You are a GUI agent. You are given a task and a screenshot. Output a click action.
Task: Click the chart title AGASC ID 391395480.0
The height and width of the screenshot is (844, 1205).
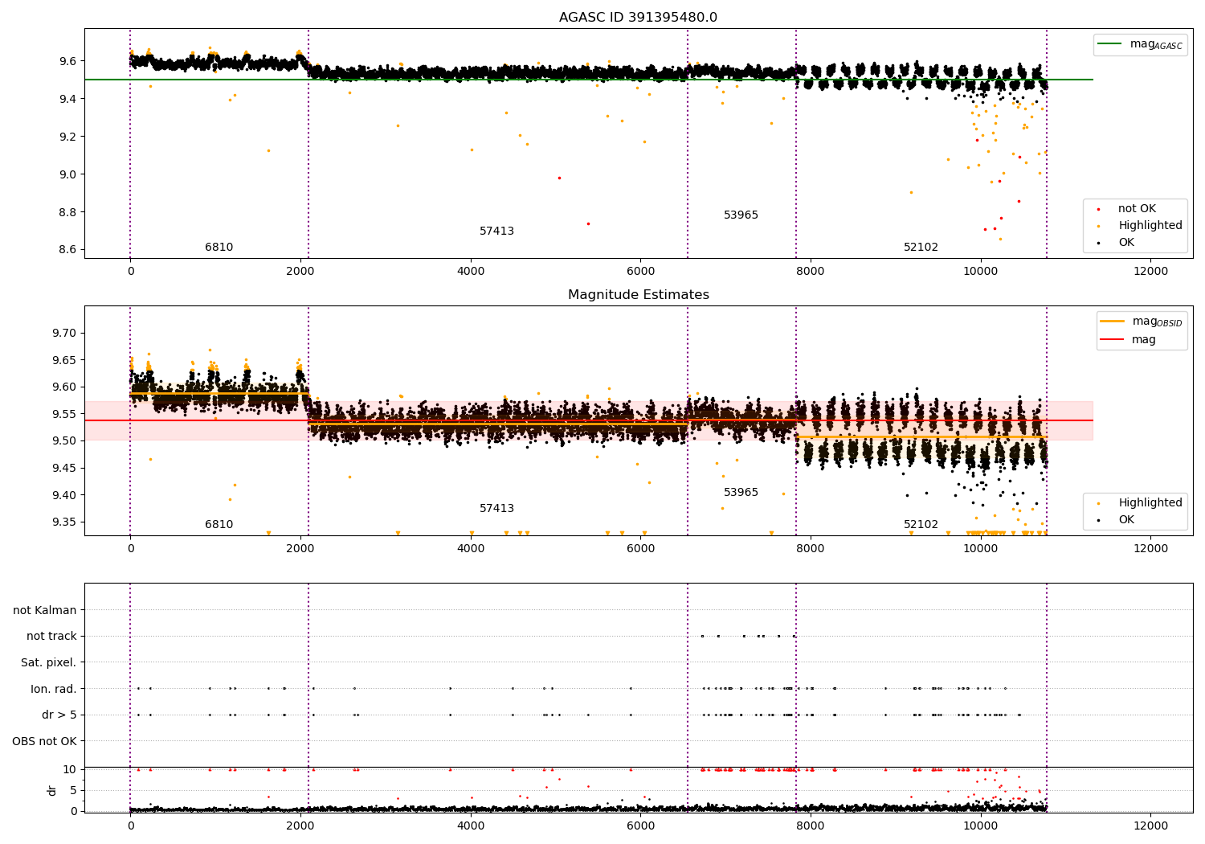click(638, 18)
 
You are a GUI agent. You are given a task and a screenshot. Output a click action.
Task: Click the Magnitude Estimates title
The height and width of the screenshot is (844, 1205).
click(638, 295)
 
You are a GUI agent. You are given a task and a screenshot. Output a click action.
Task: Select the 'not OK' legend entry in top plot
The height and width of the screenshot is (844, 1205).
click(1137, 209)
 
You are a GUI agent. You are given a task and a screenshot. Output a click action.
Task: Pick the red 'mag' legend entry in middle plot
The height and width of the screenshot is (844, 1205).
click(1143, 339)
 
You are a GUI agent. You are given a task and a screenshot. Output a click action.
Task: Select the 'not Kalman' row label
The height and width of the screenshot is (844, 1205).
click(44, 611)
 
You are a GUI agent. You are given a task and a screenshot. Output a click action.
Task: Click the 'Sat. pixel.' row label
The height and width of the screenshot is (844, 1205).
click(48, 663)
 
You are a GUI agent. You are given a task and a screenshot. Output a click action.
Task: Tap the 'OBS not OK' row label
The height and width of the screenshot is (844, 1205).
click(44, 741)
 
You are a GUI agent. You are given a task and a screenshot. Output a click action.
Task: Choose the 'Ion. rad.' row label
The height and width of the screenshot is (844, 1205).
click(53, 690)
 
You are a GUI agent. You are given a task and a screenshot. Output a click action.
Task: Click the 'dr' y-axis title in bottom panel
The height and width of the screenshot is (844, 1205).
click(52, 790)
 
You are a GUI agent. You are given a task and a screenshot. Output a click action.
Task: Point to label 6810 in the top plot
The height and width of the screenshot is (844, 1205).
click(219, 248)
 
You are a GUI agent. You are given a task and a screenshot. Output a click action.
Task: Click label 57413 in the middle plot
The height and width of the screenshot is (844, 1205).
click(496, 509)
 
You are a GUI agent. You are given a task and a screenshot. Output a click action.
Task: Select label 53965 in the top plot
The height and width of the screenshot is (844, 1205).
click(741, 215)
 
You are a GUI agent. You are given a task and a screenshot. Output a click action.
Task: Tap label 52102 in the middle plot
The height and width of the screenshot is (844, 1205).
click(921, 525)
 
